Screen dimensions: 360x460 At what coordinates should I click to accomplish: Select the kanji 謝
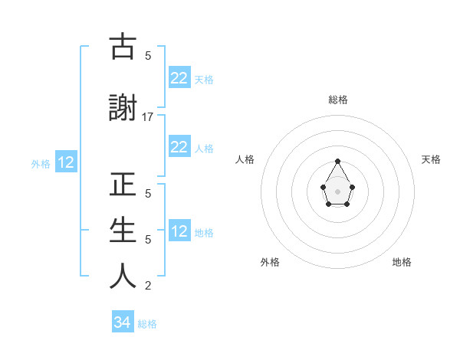point(123,109)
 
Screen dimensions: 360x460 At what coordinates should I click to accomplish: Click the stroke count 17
point(148,117)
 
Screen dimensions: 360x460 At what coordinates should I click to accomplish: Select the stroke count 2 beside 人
point(148,286)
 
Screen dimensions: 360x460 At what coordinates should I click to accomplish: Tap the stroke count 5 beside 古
point(148,56)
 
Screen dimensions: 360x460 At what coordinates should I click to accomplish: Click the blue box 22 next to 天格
point(179,78)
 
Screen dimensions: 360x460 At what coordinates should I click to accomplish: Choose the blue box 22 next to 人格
point(179,147)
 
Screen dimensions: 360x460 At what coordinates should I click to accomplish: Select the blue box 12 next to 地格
point(179,231)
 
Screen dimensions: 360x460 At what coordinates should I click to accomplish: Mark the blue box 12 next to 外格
point(66,162)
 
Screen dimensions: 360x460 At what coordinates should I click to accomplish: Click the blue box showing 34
point(122,322)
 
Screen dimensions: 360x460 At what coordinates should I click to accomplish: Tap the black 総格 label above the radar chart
point(338,100)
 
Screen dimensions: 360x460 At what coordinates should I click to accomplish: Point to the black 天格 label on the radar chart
point(431,159)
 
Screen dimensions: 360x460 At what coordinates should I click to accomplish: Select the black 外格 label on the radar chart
point(270,262)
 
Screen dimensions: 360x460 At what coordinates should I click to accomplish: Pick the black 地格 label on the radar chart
point(402,262)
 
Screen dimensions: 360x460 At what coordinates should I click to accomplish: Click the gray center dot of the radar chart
point(337,190)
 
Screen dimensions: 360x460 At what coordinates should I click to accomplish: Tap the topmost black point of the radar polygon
point(337,161)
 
